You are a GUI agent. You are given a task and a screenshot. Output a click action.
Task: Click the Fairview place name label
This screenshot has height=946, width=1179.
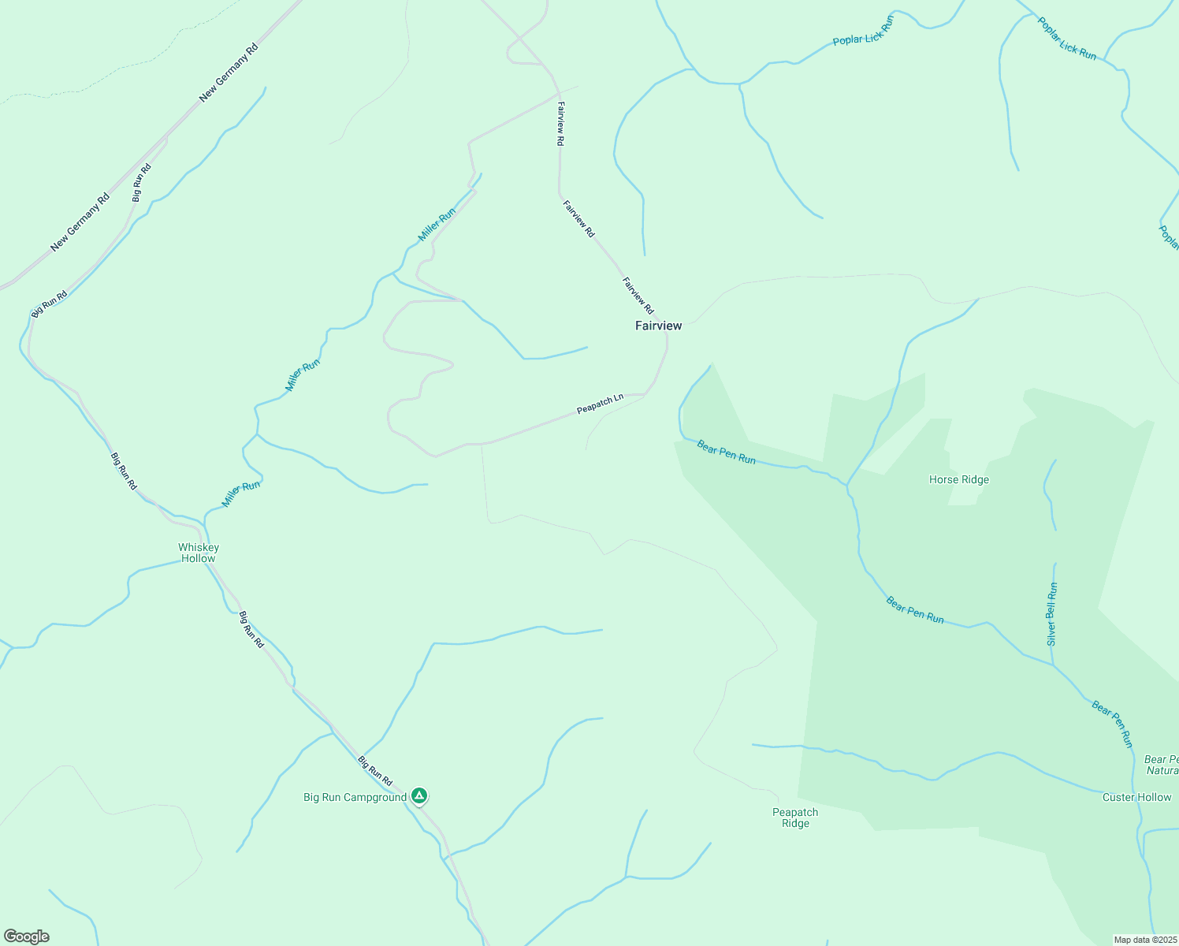point(658,326)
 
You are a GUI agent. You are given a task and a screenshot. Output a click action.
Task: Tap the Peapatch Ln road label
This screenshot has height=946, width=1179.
point(600,404)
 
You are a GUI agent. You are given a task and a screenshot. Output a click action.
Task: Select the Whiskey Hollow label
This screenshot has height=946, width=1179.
point(199,553)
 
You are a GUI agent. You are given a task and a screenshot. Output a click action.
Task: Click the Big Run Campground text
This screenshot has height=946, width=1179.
point(355,797)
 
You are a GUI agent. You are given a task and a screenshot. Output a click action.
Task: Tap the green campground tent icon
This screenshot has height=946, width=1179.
point(420,795)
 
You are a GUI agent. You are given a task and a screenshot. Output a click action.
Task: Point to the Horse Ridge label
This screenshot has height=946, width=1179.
point(958,479)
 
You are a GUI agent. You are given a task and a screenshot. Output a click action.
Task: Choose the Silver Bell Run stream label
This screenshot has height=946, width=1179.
point(1052,615)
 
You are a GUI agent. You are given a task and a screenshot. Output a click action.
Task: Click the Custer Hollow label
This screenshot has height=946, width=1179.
point(1136,797)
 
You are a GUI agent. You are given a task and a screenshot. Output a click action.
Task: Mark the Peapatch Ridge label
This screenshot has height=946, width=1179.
point(795,818)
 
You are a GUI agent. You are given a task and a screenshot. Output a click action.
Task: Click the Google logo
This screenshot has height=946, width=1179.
point(27,937)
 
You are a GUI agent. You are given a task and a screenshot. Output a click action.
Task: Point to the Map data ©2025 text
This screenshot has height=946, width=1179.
point(1145,940)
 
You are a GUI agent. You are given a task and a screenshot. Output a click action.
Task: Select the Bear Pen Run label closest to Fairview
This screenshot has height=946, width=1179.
point(726,453)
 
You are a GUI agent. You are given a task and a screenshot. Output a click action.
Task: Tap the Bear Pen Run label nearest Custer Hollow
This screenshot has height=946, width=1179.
point(1112,724)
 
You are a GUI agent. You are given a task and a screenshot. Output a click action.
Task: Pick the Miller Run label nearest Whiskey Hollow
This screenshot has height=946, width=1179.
point(240,494)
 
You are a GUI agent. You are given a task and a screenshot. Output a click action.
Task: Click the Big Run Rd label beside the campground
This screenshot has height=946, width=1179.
point(375,771)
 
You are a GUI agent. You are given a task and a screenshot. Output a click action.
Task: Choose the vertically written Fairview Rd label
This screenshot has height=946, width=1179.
point(560,124)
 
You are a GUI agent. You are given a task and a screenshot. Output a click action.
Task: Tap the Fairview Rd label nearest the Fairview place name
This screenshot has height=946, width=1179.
point(638,296)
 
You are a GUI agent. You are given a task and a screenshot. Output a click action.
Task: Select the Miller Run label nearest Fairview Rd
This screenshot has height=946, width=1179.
point(437,225)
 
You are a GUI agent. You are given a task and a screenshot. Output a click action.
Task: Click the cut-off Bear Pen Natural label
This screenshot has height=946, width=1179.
point(1162,765)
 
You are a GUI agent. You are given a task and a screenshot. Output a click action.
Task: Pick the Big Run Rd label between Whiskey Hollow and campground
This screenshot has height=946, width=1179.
point(251,629)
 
